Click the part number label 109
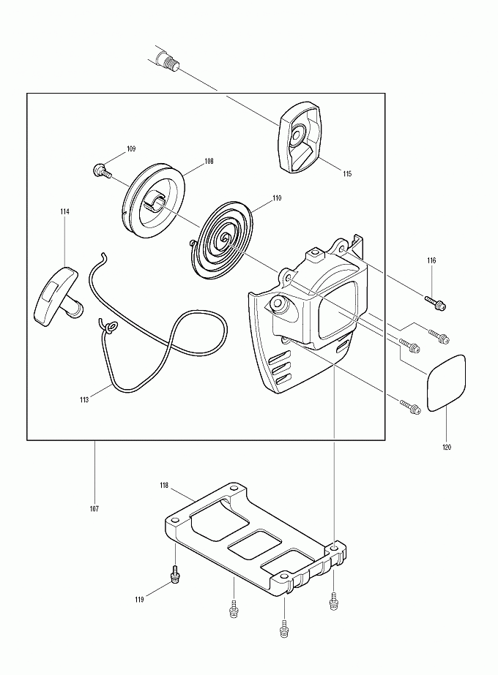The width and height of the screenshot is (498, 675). point(130,149)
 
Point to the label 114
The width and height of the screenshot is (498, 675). point(65,211)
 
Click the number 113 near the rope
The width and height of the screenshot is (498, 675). point(84,399)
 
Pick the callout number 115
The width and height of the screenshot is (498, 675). point(347,174)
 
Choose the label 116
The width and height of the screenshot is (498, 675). point(431,260)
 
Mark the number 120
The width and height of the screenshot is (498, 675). point(447,447)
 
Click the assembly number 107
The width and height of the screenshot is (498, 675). point(94,508)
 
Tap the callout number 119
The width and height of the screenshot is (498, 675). point(139,600)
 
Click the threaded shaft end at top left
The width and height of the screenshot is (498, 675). point(168,59)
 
